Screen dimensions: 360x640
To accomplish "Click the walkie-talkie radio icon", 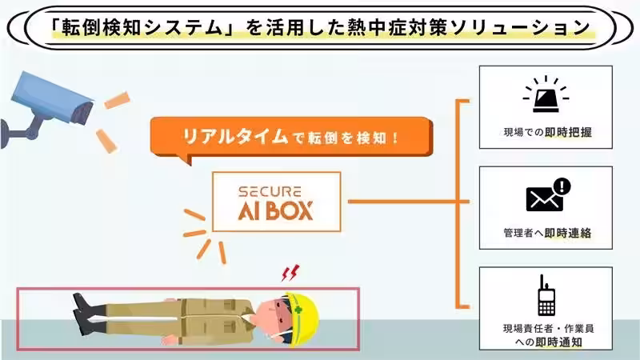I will click(x=546, y=298).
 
